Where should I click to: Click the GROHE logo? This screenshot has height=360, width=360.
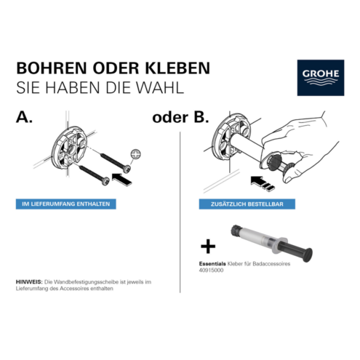[320, 78]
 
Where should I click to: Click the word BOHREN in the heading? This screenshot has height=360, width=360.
[52, 68]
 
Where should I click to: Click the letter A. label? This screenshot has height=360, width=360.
[24, 117]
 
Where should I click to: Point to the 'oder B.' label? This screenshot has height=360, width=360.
[180, 117]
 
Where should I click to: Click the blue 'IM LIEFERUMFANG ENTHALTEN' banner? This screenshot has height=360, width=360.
[66, 204]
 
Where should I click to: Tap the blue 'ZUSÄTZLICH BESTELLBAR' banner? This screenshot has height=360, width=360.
[247, 204]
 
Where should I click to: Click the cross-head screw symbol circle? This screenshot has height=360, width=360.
[135, 154]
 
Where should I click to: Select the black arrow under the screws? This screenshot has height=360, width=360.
[122, 180]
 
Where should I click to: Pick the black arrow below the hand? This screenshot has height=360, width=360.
[263, 183]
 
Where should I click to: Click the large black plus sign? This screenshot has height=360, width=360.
[208, 247]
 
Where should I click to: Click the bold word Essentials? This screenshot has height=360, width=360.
[212, 264]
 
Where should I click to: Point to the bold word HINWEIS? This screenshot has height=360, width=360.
[29, 282]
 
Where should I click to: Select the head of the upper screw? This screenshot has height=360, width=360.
[127, 168]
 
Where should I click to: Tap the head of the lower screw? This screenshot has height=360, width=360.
[105, 181]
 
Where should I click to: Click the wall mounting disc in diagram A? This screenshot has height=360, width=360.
[68, 148]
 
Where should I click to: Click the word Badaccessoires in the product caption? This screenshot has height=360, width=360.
[271, 264]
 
